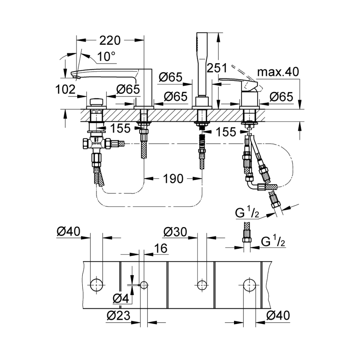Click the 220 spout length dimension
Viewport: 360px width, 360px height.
[x=110, y=40]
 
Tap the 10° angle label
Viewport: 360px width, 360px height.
[x=106, y=56]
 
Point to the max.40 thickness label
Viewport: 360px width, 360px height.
[x=278, y=72]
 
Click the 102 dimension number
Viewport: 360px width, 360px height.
[x=66, y=90]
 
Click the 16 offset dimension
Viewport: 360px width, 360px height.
[x=159, y=249]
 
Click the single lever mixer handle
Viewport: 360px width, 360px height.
[x=236, y=82]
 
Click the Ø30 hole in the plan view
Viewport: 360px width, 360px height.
[x=201, y=285]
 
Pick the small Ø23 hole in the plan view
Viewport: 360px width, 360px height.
[x=144, y=285]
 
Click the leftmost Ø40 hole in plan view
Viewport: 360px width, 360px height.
[x=96, y=285]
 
